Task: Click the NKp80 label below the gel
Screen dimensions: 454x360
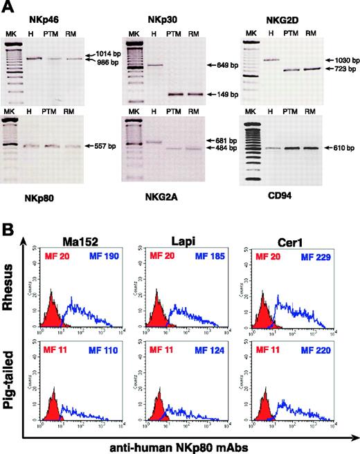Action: (26, 197)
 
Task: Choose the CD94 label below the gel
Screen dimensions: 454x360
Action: (267, 197)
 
